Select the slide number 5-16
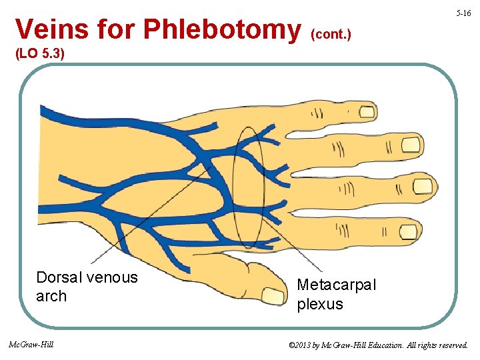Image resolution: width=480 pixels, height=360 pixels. tap(464, 13)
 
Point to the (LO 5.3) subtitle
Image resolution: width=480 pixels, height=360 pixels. tap(39, 53)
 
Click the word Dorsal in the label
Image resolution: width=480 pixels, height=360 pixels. tap(59, 277)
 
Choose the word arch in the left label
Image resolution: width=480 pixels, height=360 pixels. tap(51, 296)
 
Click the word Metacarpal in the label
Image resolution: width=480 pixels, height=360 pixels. tap(336, 285)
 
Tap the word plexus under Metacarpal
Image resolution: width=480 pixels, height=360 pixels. tap(320, 304)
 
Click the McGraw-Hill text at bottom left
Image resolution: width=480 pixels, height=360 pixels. tap(31, 345)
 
